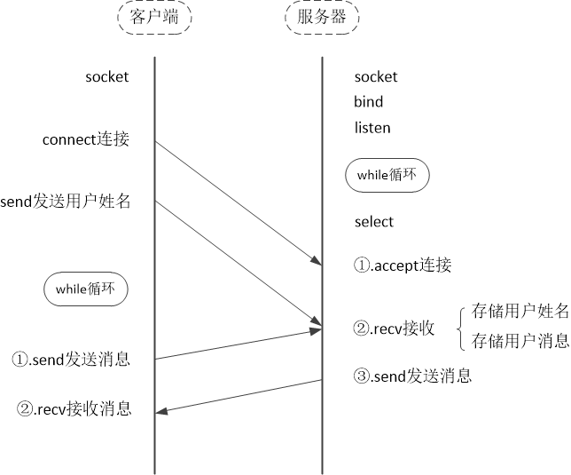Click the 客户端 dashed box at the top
point(154,18)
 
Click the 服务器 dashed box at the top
point(321,18)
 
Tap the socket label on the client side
point(106,76)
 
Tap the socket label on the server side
point(376,77)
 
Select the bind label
point(369,102)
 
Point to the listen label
point(372,128)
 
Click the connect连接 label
point(86,139)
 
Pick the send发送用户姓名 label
point(66,202)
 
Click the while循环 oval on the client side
point(85,289)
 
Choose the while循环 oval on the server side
point(387,176)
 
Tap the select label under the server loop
point(374,222)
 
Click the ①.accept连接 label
point(403,265)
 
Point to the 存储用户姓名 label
point(520,311)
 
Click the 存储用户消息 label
point(520,340)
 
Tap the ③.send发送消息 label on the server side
point(412,376)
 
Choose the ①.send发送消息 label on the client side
point(71,360)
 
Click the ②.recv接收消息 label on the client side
point(74,408)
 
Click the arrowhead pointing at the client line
point(161,410)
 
